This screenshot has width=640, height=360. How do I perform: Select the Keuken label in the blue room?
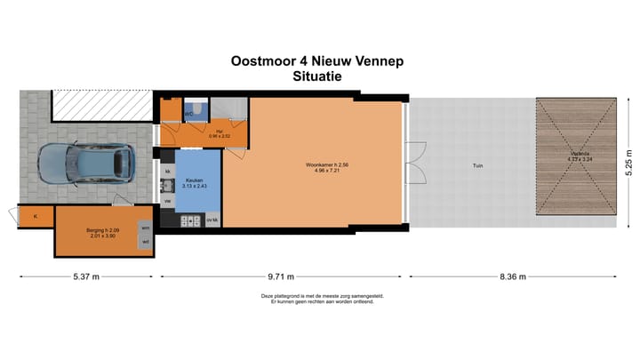[x=193, y=182]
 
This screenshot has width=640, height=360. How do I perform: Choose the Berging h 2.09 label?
[x=100, y=231]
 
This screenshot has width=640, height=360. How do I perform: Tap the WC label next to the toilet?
[x=189, y=114]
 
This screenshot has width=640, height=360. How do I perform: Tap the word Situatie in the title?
[x=317, y=76]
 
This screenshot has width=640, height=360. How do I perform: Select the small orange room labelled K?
[x=36, y=217]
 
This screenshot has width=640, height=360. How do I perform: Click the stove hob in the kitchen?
[x=166, y=186]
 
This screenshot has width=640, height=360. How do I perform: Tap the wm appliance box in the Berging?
[x=145, y=228]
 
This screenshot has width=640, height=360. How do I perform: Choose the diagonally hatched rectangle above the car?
[x=100, y=106]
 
